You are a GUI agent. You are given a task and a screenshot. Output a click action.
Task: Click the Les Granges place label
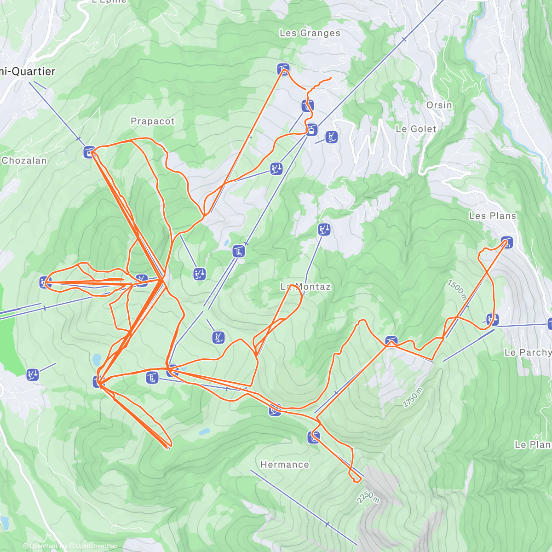tap(310, 33)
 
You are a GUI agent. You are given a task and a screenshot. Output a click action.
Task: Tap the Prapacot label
tap(153, 121)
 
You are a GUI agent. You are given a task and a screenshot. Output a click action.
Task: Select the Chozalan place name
tap(24, 161)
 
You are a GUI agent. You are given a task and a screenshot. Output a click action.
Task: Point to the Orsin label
tap(439, 105)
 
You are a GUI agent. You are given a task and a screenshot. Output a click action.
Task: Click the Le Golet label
tap(416, 129)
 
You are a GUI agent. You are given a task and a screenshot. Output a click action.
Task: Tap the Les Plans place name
tap(493, 216)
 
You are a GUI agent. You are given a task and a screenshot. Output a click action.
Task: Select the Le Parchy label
tap(528, 352)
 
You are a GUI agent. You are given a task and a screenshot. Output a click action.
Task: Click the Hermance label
tap(285, 465)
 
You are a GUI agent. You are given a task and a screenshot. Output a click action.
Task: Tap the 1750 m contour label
tap(413, 397)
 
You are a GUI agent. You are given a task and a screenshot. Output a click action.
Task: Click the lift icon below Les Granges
tap(283, 70)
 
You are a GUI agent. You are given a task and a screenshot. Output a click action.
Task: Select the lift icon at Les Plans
tap(506, 242)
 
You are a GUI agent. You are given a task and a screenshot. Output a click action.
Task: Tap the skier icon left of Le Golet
tap(332, 137)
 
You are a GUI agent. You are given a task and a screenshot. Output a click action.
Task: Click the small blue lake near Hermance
tap(204, 431)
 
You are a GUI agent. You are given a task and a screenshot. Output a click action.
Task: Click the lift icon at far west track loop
tap(45, 282)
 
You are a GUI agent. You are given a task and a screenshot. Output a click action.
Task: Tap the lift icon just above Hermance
tap(314, 437)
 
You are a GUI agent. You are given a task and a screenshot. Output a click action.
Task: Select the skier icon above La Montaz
tap(324, 229)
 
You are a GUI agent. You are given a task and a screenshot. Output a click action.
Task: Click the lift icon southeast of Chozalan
tap(89, 151)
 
